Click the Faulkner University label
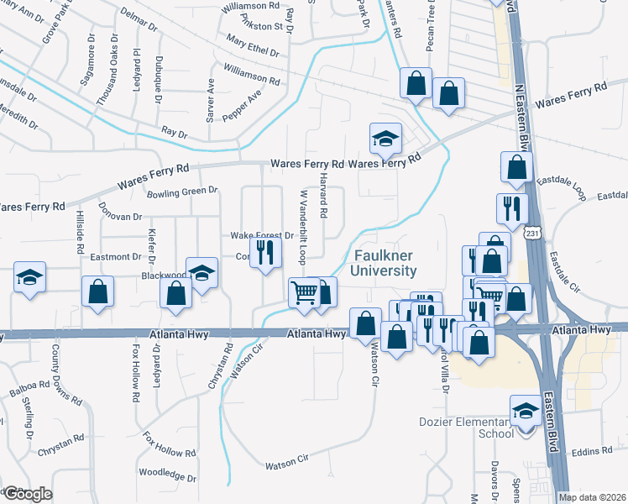(385, 263)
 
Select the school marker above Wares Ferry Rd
(385, 139)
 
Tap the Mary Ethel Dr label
(252, 45)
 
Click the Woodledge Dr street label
(168, 476)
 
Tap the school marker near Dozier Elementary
(526, 412)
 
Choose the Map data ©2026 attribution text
(593, 497)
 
